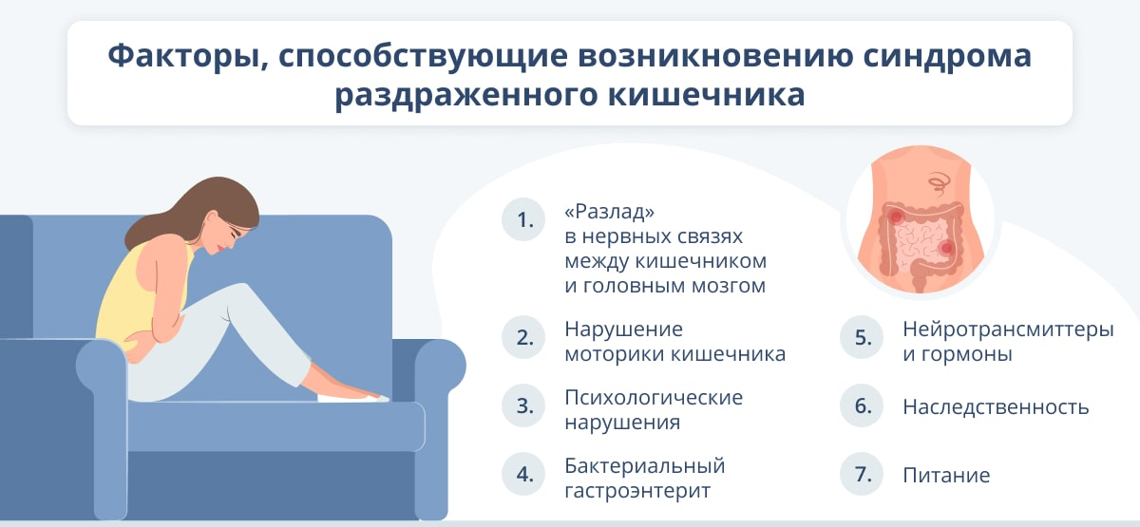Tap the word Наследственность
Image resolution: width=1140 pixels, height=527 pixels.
click(996, 407)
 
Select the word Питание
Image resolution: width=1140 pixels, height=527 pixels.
click(946, 476)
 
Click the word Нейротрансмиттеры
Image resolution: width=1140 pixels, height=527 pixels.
click(1008, 329)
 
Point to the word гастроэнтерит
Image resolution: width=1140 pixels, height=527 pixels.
click(637, 492)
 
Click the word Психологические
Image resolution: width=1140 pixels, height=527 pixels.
click(654, 397)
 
